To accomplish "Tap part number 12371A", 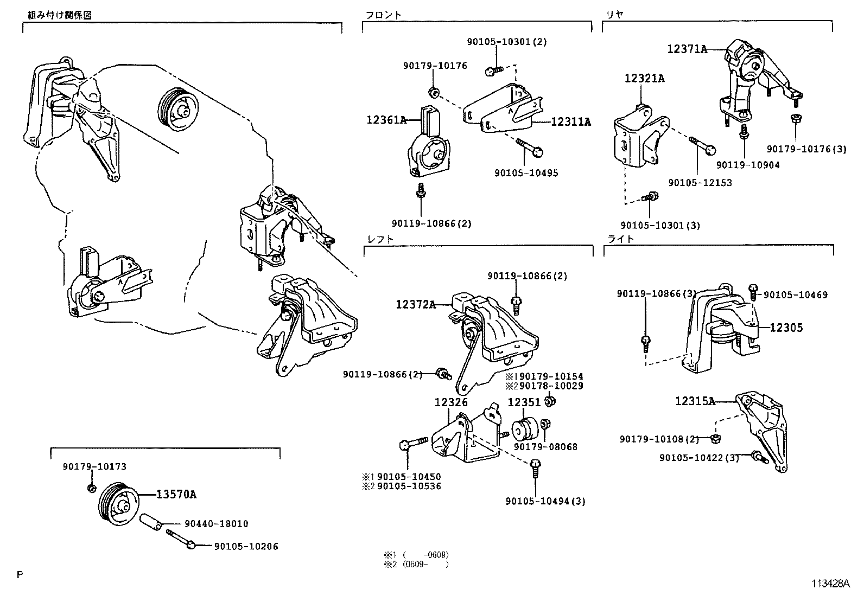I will point(687,49).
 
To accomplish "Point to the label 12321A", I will point(644,79).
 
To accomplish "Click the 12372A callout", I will point(415,305).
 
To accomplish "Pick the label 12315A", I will point(695,401).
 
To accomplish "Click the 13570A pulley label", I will point(176,495).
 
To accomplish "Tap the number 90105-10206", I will point(246,547).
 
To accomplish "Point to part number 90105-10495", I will point(526,174).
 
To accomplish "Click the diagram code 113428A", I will point(830,584).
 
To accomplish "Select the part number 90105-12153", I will point(700,183).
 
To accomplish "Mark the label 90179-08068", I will point(545,447).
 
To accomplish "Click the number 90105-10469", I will point(796,295).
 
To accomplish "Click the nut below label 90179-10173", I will point(92,489).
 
